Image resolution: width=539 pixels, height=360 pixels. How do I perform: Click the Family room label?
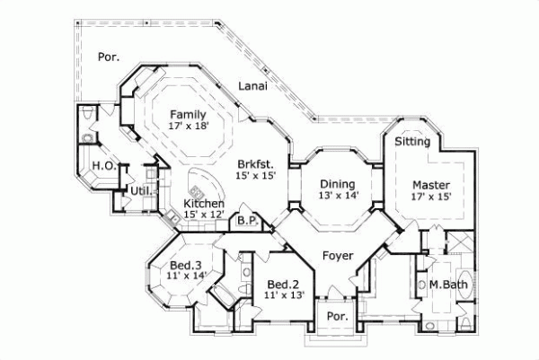pyautogui.click(x=189, y=115)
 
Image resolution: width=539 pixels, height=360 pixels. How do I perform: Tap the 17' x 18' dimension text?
pyautogui.click(x=189, y=127)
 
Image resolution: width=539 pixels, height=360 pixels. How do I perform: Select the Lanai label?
pyautogui.click(x=255, y=86)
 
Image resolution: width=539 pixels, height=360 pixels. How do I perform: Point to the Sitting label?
pyautogui.click(x=412, y=142)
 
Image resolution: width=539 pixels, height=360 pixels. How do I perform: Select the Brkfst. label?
pyautogui.click(x=256, y=164)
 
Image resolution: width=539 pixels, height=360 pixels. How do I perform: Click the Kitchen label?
pyautogui.click(x=204, y=204)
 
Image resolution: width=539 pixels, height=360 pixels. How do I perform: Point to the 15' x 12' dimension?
pyautogui.click(x=204, y=215)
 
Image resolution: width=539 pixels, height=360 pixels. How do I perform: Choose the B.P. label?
pyautogui.click(x=246, y=220)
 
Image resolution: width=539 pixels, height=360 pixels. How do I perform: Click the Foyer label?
pyautogui.click(x=339, y=256)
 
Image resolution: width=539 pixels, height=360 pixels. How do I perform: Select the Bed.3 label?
pyautogui.click(x=186, y=265)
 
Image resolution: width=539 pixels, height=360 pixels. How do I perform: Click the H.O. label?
pyautogui.click(x=102, y=166)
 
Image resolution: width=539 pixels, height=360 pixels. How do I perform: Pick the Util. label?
pyautogui.click(x=139, y=191)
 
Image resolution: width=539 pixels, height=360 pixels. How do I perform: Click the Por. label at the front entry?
pyautogui.click(x=337, y=317)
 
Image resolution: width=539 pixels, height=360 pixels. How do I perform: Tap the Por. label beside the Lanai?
pyautogui.click(x=108, y=57)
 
